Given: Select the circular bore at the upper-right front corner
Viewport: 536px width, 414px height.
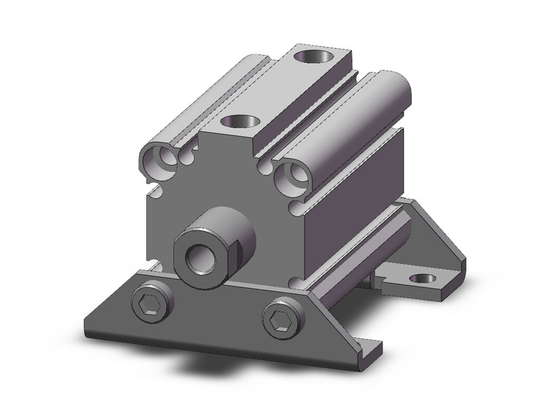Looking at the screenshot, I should coord(289,176).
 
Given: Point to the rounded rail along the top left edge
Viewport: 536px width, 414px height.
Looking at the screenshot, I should coord(205,106).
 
